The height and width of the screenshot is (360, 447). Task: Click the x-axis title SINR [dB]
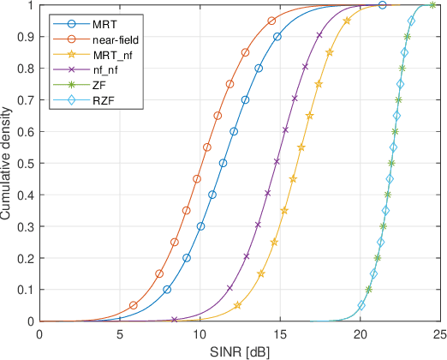click(240, 352)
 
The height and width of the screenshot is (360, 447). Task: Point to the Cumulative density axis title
click(9, 163)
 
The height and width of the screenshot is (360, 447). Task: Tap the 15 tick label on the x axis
click(280, 334)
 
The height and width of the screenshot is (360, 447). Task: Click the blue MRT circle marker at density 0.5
click(223, 163)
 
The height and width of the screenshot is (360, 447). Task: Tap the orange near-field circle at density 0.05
click(134, 305)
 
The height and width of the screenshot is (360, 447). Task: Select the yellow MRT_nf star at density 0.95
click(346, 21)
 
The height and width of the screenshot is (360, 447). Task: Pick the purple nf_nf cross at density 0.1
click(229, 289)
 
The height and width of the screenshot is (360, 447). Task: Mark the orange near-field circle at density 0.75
click(229, 84)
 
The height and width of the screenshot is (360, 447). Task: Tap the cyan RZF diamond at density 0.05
click(361, 305)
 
